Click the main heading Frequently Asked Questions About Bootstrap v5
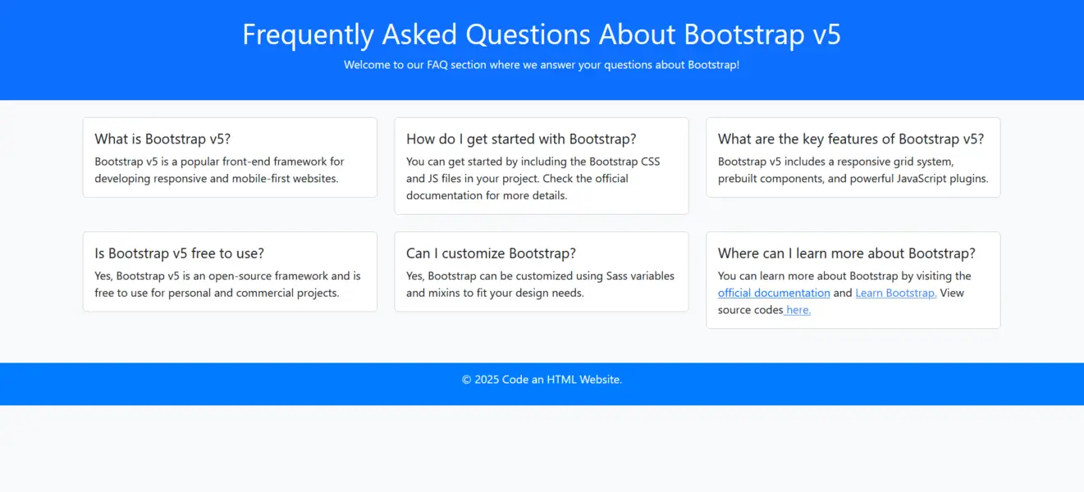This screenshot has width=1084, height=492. pyautogui.click(x=542, y=34)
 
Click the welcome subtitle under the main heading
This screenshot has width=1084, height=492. pyautogui.click(x=542, y=65)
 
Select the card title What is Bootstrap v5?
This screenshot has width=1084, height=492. pyautogui.click(x=162, y=139)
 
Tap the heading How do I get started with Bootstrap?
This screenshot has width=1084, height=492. pyautogui.click(x=521, y=139)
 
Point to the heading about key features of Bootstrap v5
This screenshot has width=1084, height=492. pyautogui.click(x=851, y=139)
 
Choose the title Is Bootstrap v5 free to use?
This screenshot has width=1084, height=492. pyautogui.click(x=179, y=253)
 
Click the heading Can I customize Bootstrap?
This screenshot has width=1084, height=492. pyautogui.click(x=491, y=253)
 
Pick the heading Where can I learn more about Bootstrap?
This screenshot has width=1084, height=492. pyautogui.click(x=846, y=253)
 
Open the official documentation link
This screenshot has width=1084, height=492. pyautogui.click(x=774, y=294)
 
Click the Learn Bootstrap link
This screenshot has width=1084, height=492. pyautogui.click(x=896, y=294)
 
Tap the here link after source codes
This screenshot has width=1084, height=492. pyautogui.click(x=798, y=310)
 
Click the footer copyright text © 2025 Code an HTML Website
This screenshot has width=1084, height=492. pyautogui.click(x=542, y=380)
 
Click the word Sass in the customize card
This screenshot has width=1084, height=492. pyautogui.click(x=616, y=276)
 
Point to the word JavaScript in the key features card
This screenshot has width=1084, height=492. pyautogui.click(x=921, y=179)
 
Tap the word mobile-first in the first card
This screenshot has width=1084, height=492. pyautogui.click(x=259, y=179)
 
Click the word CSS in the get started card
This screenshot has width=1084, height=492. pyautogui.click(x=651, y=162)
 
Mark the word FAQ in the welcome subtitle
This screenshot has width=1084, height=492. pyautogui.click(x=437, y=65)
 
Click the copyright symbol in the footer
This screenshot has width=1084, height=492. pyautogui.click(x=466, y=380)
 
